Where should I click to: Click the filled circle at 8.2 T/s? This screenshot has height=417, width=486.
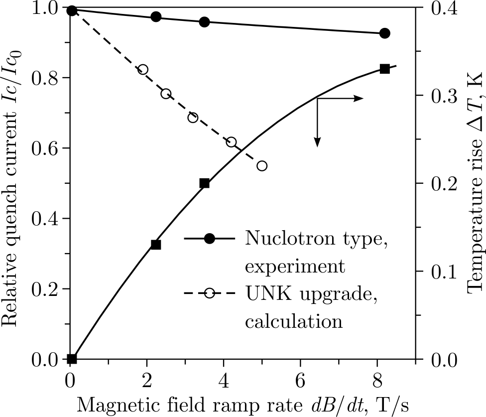tap(384, 33)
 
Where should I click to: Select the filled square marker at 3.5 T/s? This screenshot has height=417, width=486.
tap(204, 183)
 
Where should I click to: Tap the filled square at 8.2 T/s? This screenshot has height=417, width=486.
tap(384, 69)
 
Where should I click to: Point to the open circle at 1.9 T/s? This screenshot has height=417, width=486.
tap(143, 70)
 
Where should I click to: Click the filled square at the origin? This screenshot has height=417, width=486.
tap(72, 359)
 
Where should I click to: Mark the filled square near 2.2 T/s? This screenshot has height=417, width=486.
tap(156, 245)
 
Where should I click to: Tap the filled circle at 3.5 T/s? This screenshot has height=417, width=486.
tap(204, 22)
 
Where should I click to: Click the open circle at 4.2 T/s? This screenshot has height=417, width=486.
tap(231, 142)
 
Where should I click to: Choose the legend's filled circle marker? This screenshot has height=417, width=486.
tap(210, 239)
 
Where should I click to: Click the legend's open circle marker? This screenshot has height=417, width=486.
tap(210, 293)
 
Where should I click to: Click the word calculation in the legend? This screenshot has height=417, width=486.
tap(294, 321)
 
